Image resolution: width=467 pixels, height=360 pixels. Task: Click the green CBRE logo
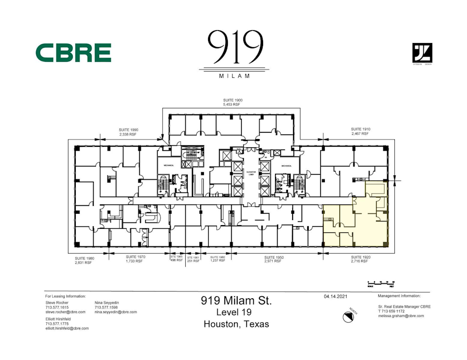(73, 53)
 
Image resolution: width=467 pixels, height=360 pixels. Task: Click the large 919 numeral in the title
(235, 48)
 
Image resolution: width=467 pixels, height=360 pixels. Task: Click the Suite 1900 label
(233, 102)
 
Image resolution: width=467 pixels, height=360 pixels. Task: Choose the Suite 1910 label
(360, 131)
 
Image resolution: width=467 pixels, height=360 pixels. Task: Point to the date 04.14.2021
(335, 296)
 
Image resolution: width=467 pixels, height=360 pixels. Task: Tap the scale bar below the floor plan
(381, 284)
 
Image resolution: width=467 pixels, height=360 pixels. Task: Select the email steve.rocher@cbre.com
(65, 312)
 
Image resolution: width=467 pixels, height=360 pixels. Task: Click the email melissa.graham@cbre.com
(401, 315)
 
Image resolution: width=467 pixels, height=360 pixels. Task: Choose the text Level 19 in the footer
(236, 312)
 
